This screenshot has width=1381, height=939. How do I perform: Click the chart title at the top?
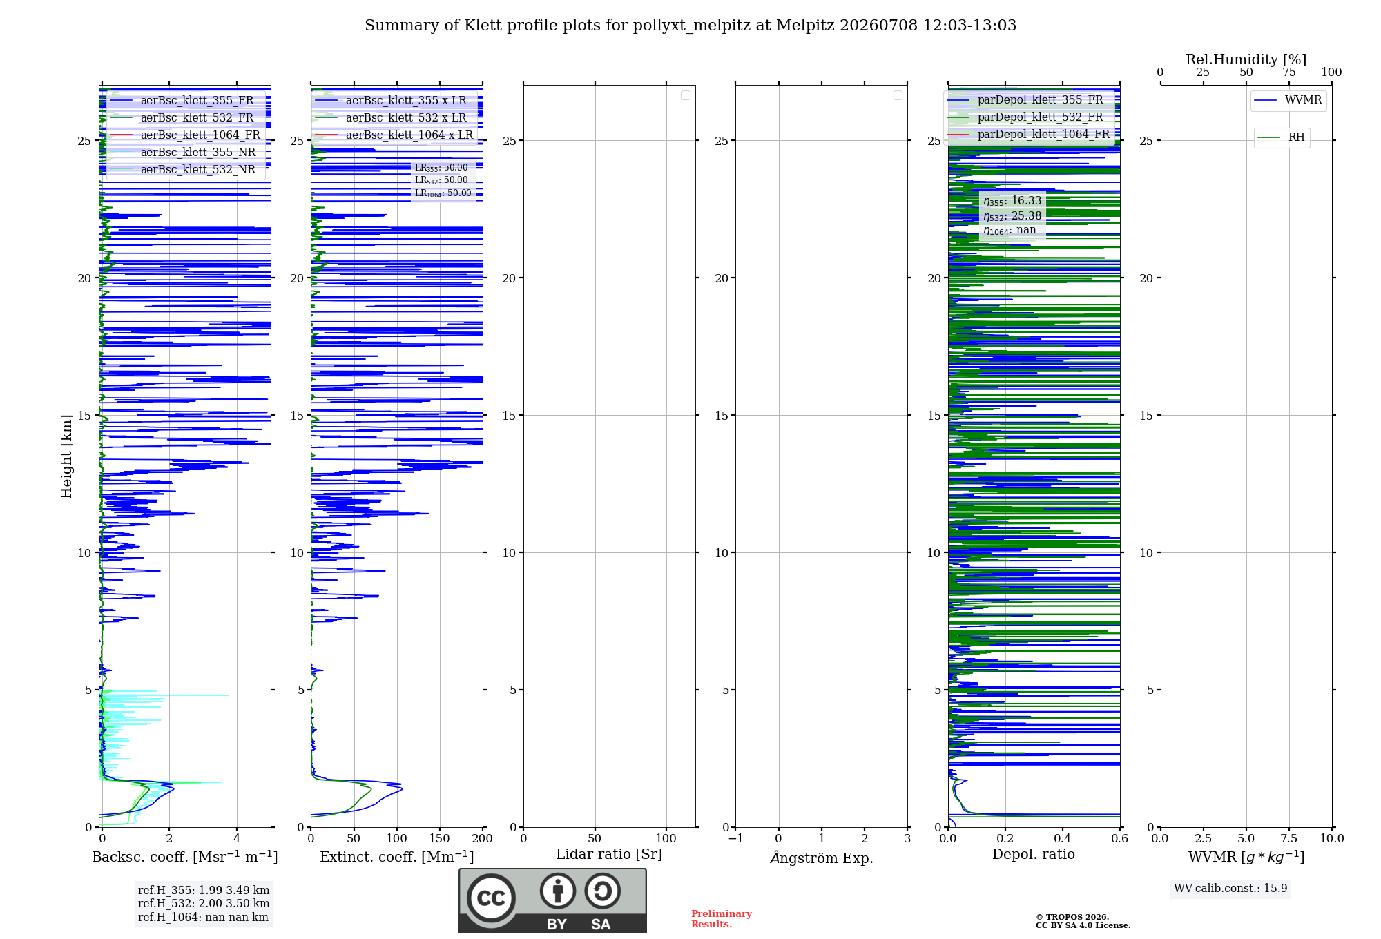[x=690, y=26]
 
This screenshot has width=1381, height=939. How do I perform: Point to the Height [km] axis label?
[x=66, y=456]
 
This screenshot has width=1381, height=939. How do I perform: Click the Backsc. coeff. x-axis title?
[x=185, y=857]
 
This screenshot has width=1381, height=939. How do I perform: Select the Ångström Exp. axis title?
[x=822, y=858]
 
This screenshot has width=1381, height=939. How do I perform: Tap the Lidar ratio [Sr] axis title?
[x=609, y=855]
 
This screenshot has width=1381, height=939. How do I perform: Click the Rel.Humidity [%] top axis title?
[x=1246, y=59]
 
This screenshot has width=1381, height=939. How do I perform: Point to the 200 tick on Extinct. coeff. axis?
[x=482, y=838]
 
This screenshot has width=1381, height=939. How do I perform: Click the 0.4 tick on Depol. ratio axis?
[x=1062, y=838]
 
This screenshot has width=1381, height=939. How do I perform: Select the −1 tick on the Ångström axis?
[x=735, y=838]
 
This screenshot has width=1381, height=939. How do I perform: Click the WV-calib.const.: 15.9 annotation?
[x=1230, y=888]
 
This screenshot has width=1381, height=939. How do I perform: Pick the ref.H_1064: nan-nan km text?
[x=203, y=917]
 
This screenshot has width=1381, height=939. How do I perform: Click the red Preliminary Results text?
[x=722, y=919]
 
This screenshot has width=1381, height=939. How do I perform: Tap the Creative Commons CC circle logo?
[x=491, y=898]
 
